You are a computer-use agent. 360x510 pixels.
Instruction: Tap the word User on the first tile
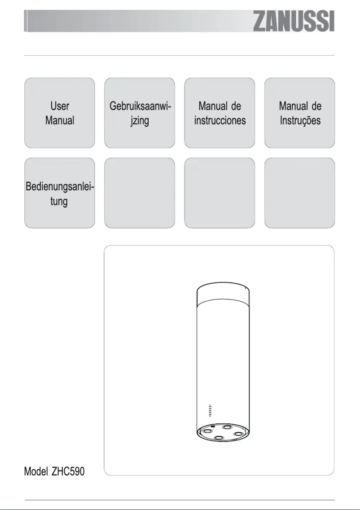click(59, 106)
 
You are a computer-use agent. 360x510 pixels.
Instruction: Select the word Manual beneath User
click(59, 121)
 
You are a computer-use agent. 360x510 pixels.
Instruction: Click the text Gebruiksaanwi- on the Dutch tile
click(139, 106)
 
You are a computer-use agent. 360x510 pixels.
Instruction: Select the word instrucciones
click(220, 121)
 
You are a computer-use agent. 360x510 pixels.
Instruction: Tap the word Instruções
click(300, 121)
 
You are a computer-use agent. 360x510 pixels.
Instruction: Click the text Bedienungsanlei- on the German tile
click(59, 186)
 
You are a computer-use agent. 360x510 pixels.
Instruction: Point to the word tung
click(59, 201)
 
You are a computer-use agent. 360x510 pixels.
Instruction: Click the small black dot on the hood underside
click(212, 426)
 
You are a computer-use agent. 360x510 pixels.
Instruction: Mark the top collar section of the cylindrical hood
click(223, 294)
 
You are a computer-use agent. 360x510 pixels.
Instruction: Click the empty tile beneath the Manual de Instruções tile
click(299, 193)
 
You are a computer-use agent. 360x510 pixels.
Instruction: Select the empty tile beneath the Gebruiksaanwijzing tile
click(139, 193)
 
